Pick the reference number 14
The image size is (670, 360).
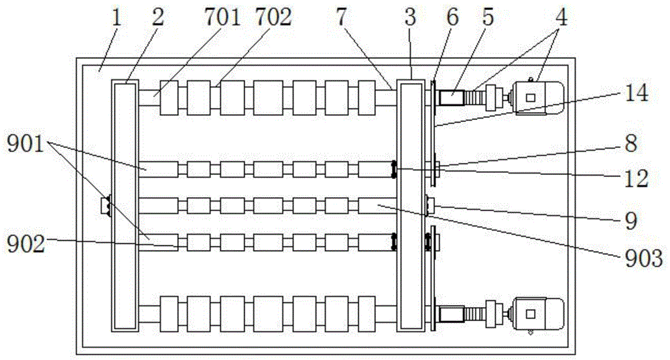pos(636,93)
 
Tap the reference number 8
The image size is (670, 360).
pos(630,143)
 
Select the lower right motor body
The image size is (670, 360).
pos(537,314)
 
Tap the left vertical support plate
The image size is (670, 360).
pos(125,204)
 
